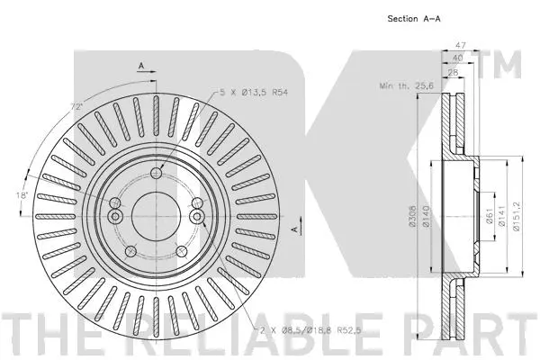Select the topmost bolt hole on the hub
pos(157,173)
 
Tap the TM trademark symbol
pos(508,65)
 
